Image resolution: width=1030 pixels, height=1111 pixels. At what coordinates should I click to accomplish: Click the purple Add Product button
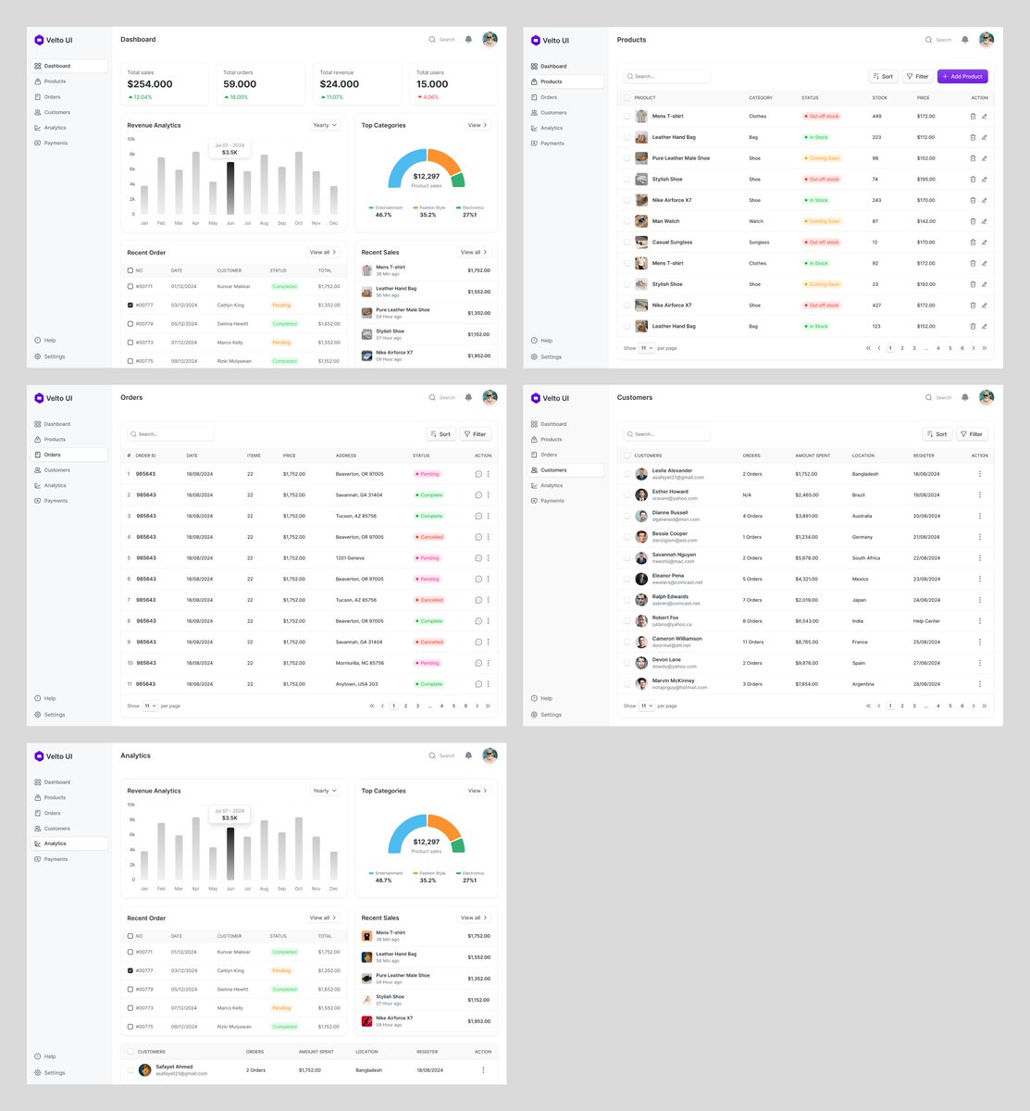tap(962, 77)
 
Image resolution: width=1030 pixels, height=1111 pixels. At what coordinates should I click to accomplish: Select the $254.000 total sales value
tap(150, 84)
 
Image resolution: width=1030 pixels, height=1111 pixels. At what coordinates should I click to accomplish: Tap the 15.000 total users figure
tap(432, 84)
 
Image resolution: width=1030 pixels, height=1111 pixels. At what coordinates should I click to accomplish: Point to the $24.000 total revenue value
tap(340, 84)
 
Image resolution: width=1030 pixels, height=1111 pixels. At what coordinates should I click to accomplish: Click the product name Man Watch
tap(665, 221)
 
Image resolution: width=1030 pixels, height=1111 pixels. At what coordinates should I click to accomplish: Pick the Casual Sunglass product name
tap(672, 243)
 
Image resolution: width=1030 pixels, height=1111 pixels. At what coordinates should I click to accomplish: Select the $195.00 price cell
tap(925, 180)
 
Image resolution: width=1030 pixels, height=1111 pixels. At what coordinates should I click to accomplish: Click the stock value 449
tap(876, 117)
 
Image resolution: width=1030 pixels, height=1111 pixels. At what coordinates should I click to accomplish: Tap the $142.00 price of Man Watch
tap(925, 221)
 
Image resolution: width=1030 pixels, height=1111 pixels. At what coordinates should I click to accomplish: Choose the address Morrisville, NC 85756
tap(360, 663)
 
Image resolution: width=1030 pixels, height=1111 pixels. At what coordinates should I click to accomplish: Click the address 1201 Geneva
tap(350, 558)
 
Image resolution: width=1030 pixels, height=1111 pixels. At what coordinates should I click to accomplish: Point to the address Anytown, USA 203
tap(356, 684)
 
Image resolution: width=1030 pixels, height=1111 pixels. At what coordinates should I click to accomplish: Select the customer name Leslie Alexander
tap(672, 470)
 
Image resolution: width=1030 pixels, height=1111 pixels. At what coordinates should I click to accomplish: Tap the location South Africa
tap(866, 558)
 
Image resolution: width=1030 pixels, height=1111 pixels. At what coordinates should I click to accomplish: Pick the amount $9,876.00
tap(806, 663)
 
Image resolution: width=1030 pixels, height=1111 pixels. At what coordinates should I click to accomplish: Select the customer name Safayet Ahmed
tap(174, 1067)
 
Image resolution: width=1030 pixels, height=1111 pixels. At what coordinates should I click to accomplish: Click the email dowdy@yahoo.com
tap(674, 667)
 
